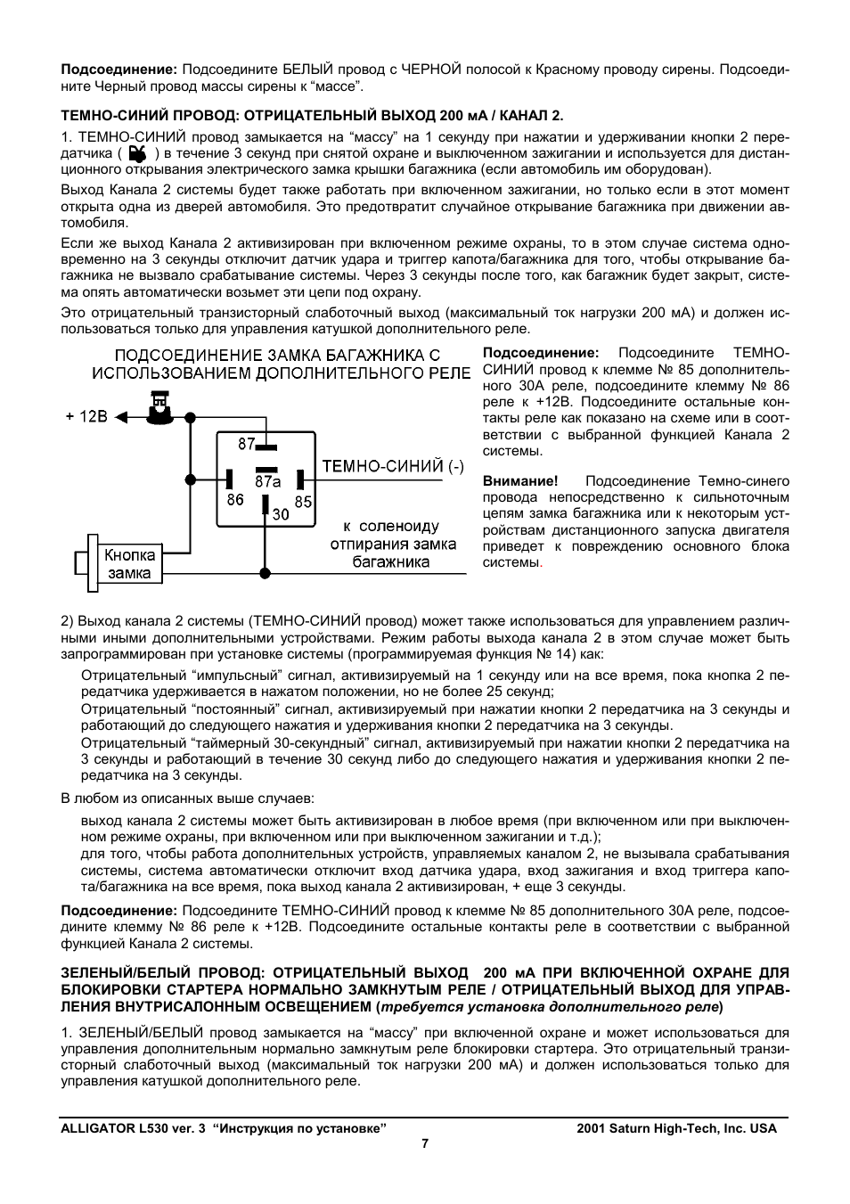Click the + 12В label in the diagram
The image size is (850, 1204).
[x=86, y=416]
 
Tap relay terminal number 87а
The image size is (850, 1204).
[x=267, y=481]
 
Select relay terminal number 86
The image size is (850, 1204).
[x=235, y=500]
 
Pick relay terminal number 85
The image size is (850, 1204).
[x=304, y=501]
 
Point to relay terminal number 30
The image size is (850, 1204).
[x=280, y=514]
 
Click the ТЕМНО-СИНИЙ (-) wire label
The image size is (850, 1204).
[x=392, y=466]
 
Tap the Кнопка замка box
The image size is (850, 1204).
[x=129, y=564]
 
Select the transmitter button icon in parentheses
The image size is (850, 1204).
[x=136, y=153]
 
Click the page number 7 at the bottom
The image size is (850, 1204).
[x=425, y=1143]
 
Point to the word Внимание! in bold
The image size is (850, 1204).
[x=520, y=481]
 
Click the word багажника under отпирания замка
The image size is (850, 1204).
[x=390, y=561]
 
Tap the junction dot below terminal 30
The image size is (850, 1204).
[x=264, y=571]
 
